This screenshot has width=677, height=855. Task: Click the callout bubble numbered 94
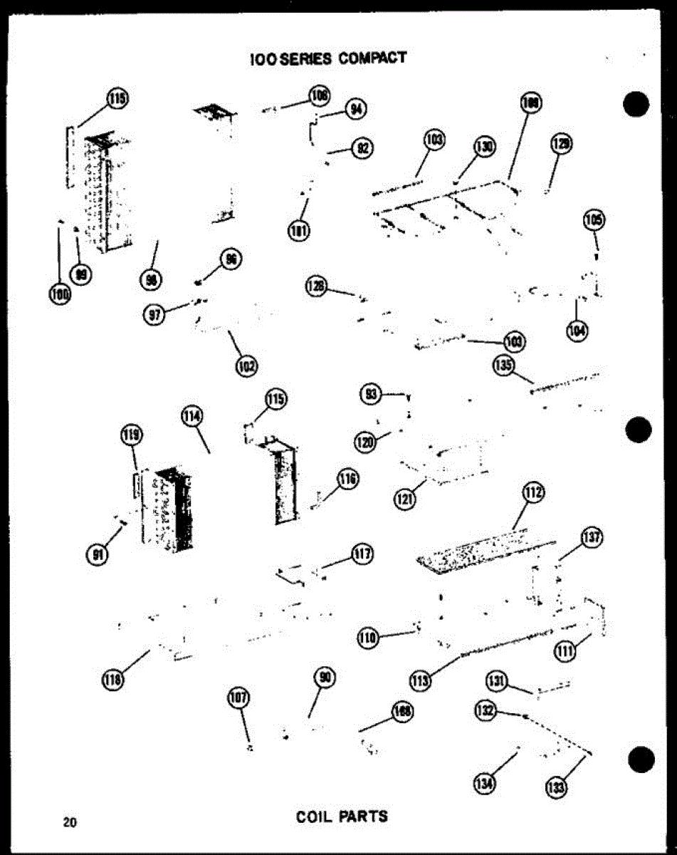[x=355, y=109]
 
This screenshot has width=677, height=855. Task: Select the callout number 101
[x=298, y=230]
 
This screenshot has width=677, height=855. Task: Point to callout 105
[x=593, y=221]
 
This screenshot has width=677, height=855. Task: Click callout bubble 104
[x=577, y=330]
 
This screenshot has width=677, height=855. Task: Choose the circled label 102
[x=246, y=366]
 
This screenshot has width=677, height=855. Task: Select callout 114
[x=192, y=417]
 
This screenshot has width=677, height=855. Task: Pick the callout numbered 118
[x=112, y=680]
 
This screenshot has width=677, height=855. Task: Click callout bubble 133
[x=555, y=786]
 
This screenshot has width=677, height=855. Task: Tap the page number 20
[x=69, y=822]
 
